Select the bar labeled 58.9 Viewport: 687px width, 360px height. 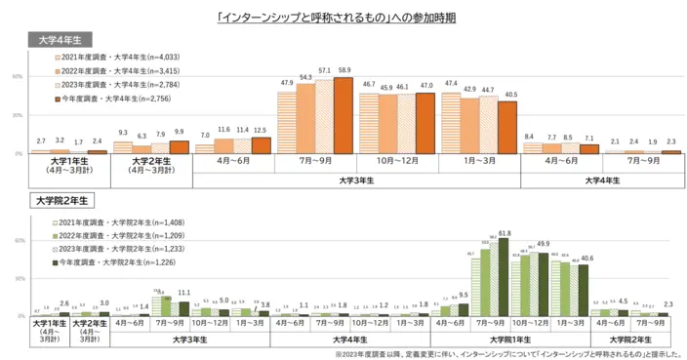[x=343, y=115]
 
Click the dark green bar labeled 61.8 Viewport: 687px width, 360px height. [x=504, y=277]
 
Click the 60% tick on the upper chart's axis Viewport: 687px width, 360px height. [x=17, y=75]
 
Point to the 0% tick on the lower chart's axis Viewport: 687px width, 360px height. [x=17, y=316]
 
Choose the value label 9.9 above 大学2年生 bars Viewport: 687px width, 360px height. [x=178, y=131]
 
